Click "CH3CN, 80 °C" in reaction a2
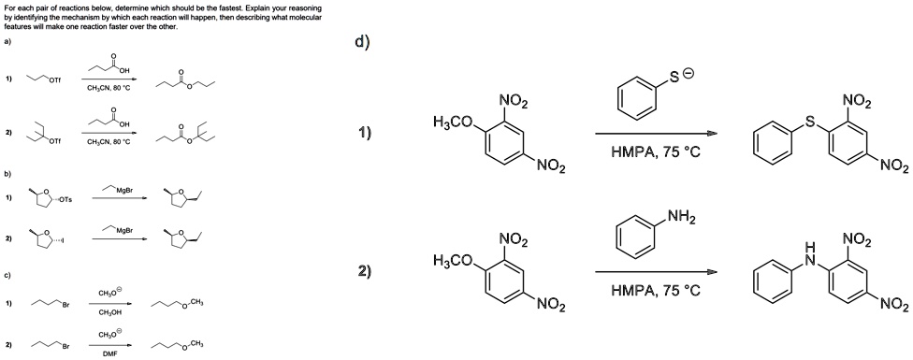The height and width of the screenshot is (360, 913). pos(110,142)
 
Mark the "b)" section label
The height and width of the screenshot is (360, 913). pos(7,173)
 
